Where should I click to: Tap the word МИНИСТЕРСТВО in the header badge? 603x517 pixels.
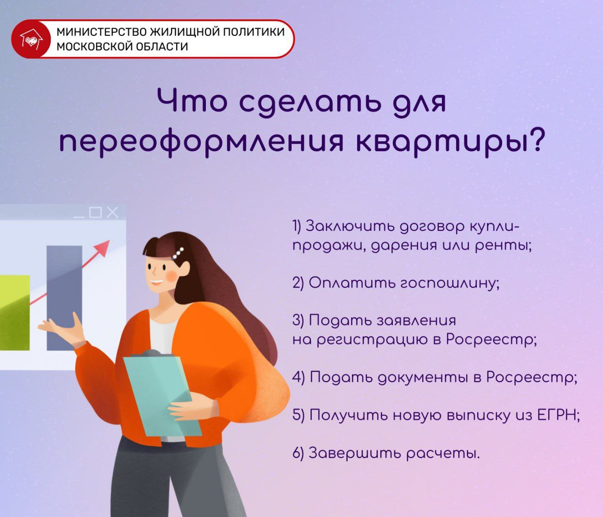click(100, 32)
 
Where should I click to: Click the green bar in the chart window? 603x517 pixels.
click(15, 311)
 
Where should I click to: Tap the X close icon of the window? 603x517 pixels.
click(112, 213)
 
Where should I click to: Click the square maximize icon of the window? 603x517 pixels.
click(96, 213)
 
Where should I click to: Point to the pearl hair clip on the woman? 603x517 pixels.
click(178, 253)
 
